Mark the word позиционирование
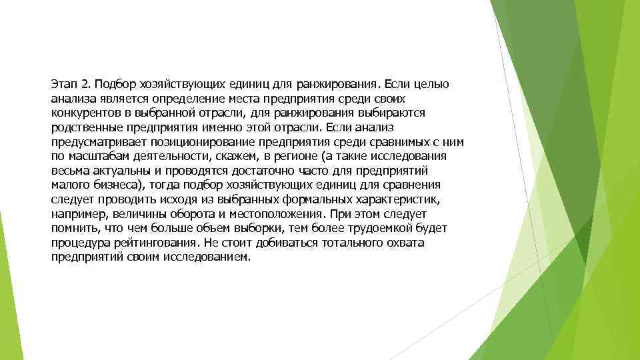point(216,142)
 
